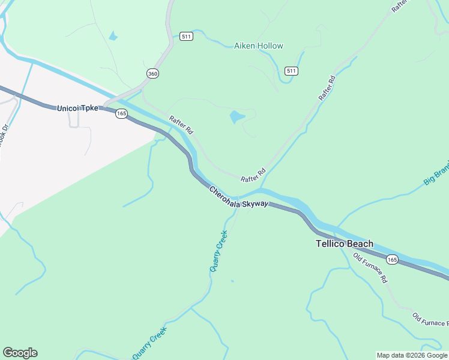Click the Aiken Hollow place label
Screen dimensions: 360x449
pyautogui.click(x=258, y=46)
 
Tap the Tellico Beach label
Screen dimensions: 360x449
pyautogui.click(x=345, y=244)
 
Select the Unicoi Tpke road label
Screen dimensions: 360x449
pyautogui.click(x=77, y=109)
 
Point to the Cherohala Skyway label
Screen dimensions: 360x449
pyautogui.click(x=238, y=198)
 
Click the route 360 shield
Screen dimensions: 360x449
pyautogui.click(x=152, y=73)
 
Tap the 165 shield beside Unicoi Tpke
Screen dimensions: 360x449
pyautogui.click(x=121, y=113)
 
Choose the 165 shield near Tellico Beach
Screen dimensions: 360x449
pyautogui.click(x=392, y=259)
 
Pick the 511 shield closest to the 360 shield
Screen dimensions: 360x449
pyautogui.click(x=186, y=37)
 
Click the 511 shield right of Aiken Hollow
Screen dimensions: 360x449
pyautogui.click(x=292, y=71)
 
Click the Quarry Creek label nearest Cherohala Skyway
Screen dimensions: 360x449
pyautogui.click(x=219, y=251)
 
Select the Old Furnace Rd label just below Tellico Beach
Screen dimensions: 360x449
pyautogui.click(x=370, y=268)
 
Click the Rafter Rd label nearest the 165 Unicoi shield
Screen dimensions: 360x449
pyautogui.click(x=181, y=124)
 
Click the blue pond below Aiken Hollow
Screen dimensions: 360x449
pyautogui.click(x=237, y=116)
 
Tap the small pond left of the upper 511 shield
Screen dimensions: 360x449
pyautogui.click(x=113, y=37)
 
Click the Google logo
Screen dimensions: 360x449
pyautogui.click(x=20, y=353)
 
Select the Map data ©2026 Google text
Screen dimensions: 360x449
pyautogui.click(x=412, y=355)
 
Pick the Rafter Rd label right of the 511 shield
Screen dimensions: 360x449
pyautogui.click(x=327, y=88)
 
